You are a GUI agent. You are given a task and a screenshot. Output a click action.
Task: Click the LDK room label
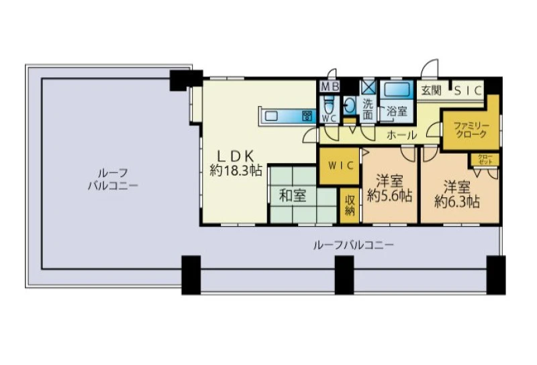tap(236, 156)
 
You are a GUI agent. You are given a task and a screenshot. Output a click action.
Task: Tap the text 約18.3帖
tap(236, 170)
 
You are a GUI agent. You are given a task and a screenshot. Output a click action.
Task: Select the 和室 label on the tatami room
tap(293, 196)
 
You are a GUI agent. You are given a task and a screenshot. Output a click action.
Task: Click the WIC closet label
tap(341, 166)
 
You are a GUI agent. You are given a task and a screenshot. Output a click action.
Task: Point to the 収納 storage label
tap(350, 205)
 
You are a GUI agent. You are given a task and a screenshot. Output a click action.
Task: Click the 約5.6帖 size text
tap(390, 196)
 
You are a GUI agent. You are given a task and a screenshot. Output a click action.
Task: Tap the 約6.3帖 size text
tap(457, 202)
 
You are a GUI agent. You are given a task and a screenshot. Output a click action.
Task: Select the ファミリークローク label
tap(471, 129)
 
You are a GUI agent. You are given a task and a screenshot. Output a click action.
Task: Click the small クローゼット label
tap(485, 159)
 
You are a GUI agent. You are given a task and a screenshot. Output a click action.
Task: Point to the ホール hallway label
tap(402, 136)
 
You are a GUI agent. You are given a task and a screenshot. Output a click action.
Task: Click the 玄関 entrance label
tap(431, 91)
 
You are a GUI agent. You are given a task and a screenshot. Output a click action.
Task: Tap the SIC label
tap(468, 91)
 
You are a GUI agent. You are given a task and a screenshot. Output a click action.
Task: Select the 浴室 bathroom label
tap(397, 111)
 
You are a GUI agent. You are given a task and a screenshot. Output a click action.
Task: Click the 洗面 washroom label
tap(368, 109)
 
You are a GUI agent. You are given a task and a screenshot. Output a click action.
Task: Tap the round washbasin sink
tap(349, 106)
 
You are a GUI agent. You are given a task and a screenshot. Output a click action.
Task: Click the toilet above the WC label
tap(329, 105)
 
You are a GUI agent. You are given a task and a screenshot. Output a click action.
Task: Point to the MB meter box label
tap(330, 87)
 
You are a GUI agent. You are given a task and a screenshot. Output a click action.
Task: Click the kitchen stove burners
tap(307, 116)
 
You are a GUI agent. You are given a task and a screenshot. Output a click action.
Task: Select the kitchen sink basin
tap(271, 116)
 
